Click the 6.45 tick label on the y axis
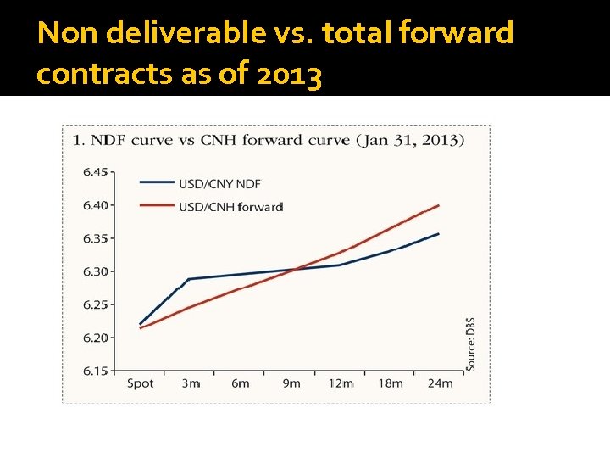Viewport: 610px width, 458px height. [x=96, y=171]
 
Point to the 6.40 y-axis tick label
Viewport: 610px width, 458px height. [x=96, y=204]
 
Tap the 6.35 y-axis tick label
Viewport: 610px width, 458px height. [x=96, y=238]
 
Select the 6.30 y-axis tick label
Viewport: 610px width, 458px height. [x=96, y=271]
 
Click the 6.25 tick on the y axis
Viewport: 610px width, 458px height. [x=96, y=304]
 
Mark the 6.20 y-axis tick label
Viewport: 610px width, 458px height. [x=96, y=338]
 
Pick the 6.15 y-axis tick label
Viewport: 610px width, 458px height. [x=96, y=371]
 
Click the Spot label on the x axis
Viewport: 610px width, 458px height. [x=140, y=383]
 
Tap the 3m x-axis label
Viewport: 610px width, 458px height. [x=191, y=383]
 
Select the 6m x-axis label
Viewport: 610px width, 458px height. [x=241, y=383]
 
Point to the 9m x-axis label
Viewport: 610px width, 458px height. [x=291, y=383]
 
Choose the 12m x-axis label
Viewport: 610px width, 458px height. [x=341, y=383]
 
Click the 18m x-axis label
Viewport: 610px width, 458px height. [x=391, y=383]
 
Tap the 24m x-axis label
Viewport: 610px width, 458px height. [x=440, y=383]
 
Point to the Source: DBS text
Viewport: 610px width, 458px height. [x=470, y=343]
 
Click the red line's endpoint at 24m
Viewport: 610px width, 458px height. [x=438, y=205]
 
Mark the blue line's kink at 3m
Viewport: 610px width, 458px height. [x=188, y=279]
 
